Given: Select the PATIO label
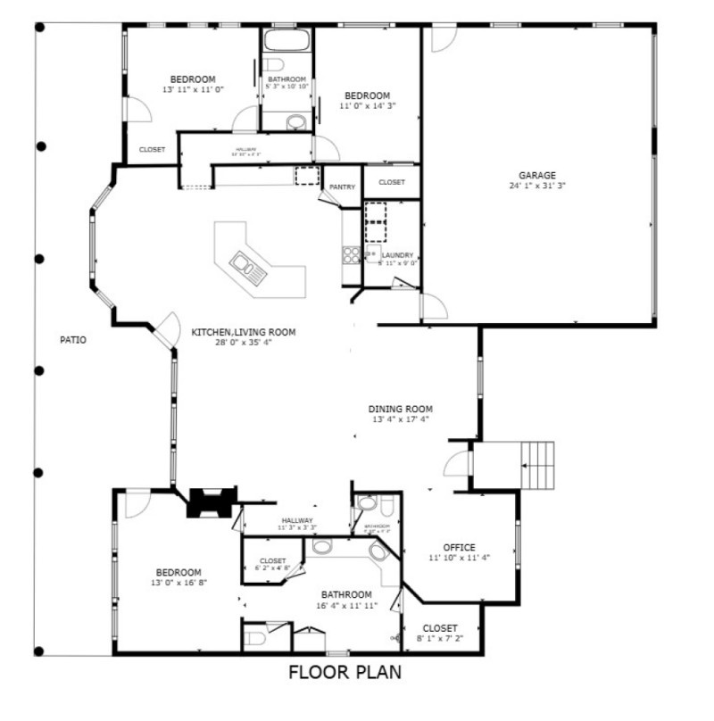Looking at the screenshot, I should (x=72, y=339).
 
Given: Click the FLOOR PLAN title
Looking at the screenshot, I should (x=345, y=671).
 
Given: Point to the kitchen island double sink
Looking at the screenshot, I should (x=242, y=263).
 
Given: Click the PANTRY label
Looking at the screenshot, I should (x=342, y=187).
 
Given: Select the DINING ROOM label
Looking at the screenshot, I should (x=400, y=410).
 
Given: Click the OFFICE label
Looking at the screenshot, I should (x=459, y=548).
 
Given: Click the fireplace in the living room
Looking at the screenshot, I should (x=210, y=501).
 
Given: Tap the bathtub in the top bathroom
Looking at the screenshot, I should (x=286, y=40).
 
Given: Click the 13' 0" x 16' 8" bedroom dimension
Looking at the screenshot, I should (x=178, y=583).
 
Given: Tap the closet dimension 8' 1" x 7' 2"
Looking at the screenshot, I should (x=440, y=638).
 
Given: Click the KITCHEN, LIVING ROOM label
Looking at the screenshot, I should (x=243, y=332).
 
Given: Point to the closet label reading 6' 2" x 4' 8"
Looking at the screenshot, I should (x=272, y=568).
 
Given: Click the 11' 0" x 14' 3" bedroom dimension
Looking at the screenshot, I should (x=367, y=105).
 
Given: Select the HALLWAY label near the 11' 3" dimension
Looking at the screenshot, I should (x=297, y=520).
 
